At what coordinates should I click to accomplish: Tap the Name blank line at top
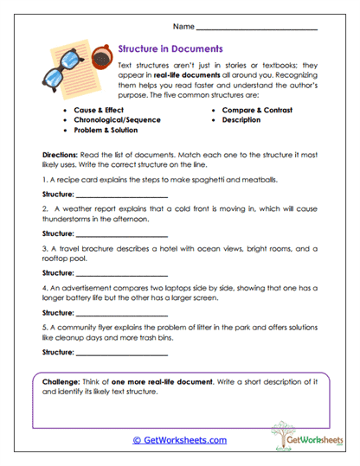269,31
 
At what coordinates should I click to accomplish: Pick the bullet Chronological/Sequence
118,121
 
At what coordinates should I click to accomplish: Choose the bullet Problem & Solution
109,131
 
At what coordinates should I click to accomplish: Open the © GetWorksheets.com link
180,440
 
